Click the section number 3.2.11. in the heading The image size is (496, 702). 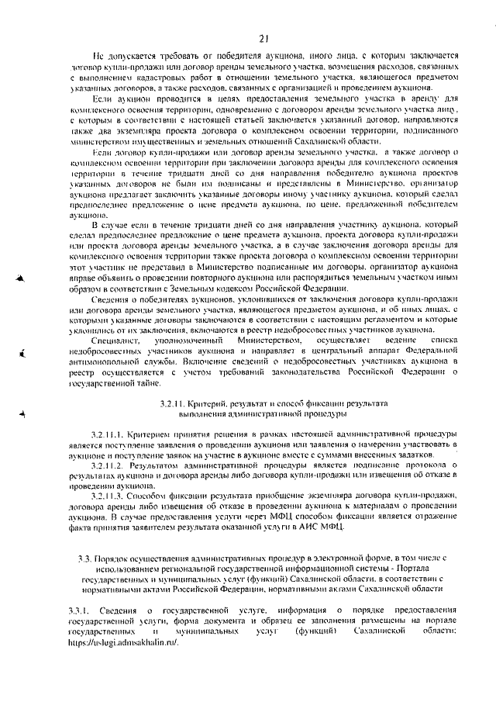click(172, 405)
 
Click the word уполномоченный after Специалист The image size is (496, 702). click(188, 340)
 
